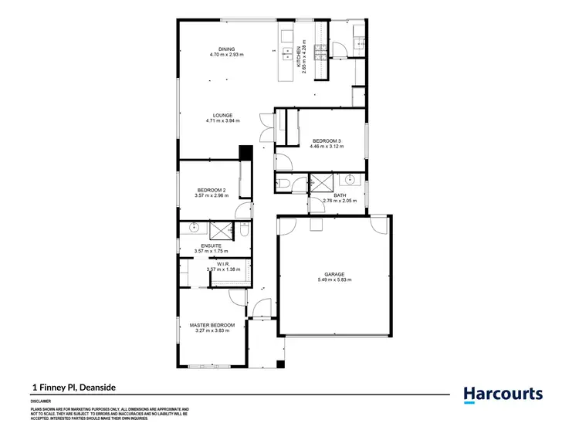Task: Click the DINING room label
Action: (x=226, y=48)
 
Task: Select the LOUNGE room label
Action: (x=223, y=116)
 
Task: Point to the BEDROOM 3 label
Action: (x=325, y=140)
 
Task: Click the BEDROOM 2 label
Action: (x=211, y=190)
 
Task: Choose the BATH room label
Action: (x=340, y=195)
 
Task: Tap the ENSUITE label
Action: (x=211, y=246)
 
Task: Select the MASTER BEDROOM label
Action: (x=212, y=326)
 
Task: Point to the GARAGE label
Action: (x=334, y=273)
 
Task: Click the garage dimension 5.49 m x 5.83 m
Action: (x=334, y=279)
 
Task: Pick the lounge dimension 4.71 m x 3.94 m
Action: (x=223, y=121)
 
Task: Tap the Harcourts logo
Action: (x=503, y=395)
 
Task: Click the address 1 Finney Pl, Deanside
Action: (x=73, y=388)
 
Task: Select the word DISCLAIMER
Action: (x=41, y=401)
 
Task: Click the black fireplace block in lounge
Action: (x=245, y=152)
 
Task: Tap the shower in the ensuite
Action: (x=224, y=229)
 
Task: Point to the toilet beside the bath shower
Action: (x=284, y=182)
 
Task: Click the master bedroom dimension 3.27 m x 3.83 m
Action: (x=212, y=331)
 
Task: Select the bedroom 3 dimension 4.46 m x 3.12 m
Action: (x=325, y=146)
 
